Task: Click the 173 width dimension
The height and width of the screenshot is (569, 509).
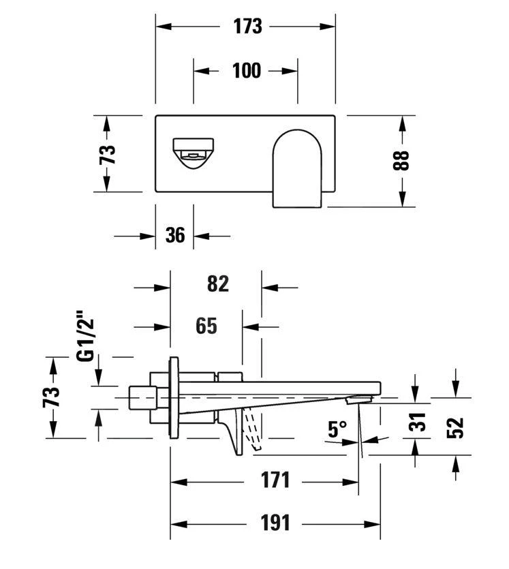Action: pos(247,27)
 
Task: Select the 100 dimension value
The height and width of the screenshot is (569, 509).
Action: pos(247,70)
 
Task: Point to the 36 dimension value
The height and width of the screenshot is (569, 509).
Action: pos(175,236)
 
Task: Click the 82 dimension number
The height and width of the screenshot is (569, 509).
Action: pos(217,284)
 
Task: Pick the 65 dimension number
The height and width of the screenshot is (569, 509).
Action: pos(206,326)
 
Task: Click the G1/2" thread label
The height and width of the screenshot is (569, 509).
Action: pos(84,337)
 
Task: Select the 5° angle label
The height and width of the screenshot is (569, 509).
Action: pos(338,429)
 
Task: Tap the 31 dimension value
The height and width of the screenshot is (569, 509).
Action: pos(420,422)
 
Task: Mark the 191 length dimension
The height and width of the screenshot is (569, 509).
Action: pos(276,523)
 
